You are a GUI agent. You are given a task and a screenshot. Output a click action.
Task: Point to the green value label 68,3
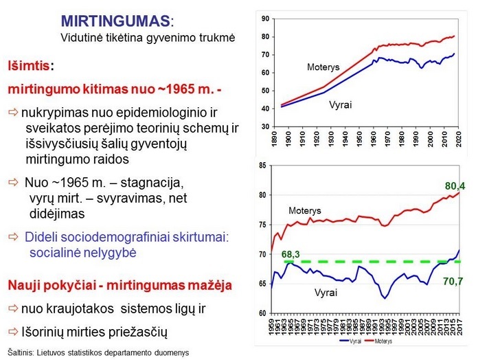pyautogui.click(x=292, y=254)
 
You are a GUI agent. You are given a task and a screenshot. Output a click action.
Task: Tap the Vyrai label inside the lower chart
pyautogui.click(x=328, y=293)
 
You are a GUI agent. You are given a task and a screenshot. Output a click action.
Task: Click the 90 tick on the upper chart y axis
pyautogui.click(x=263, y=19)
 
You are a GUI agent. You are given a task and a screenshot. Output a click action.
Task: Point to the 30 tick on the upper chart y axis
pyautogui.click(x=263, y=127)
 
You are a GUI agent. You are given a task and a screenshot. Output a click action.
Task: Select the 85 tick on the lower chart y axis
pyautogui.click(x=260, y=166)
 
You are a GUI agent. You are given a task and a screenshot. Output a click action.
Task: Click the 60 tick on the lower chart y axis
pyautogui.click(x=260, y=313)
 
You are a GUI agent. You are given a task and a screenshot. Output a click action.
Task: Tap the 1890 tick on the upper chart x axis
pyautogui.click(x=274, y=142)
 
